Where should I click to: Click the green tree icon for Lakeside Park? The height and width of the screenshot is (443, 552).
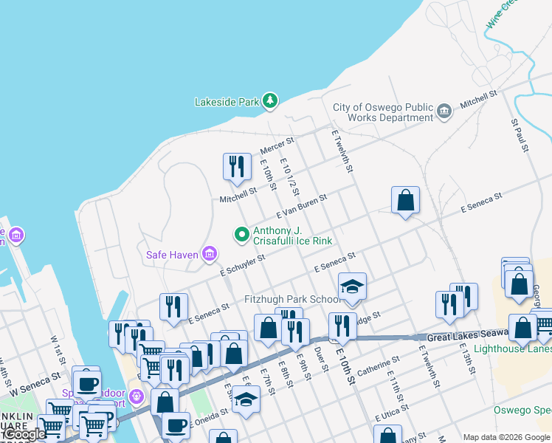pos(270,101)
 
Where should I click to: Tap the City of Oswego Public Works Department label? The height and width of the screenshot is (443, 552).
pos(382,112)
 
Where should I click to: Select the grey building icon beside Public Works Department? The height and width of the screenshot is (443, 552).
pos(444,111)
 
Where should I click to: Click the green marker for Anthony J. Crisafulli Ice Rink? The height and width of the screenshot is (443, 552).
pos(241,235)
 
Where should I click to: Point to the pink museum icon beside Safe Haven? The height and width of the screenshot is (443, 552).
pos(210,255)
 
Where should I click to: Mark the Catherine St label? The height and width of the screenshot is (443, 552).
pos(378,363)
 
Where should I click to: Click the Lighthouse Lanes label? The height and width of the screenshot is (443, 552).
pos(512,348)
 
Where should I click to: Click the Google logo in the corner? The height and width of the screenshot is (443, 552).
pos(24,434)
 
